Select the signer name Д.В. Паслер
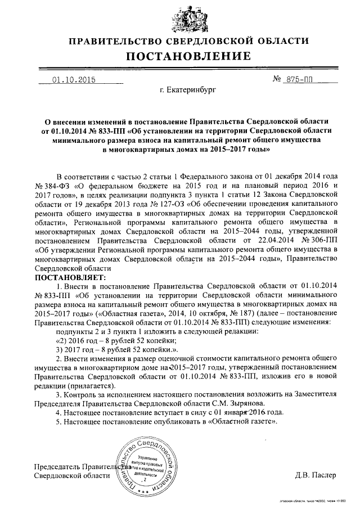pyautogui.click(x=315, y=475)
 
